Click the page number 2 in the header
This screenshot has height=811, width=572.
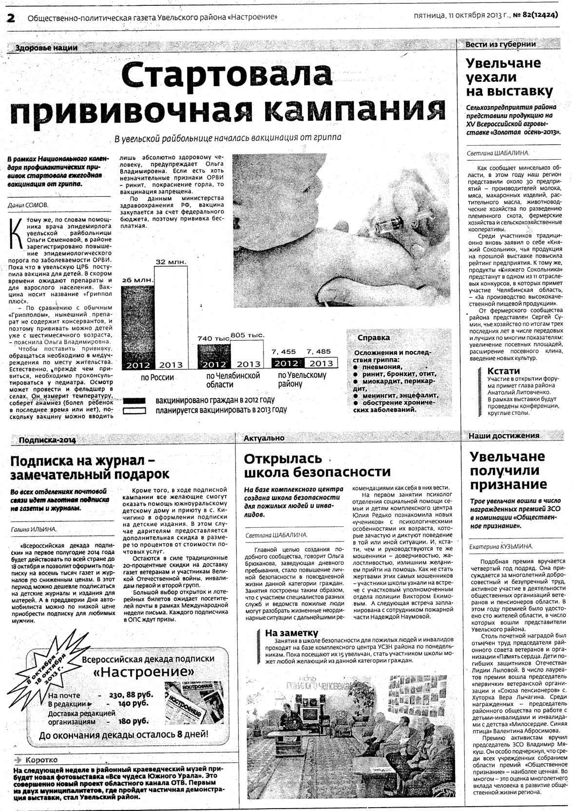tap(11, 18)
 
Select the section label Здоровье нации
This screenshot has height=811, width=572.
tap(46, 48)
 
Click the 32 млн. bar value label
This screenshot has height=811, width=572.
tap(171, 262)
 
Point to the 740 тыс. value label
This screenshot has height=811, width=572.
tap(213, 338)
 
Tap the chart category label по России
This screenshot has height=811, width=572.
tap(157, 377)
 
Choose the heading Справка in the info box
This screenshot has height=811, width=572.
tap(374, 338)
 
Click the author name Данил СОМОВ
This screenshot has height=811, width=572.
tap(28, 205)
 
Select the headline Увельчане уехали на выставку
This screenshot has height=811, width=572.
tap(510, 77)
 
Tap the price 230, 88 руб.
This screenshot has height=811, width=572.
tap(131, 695)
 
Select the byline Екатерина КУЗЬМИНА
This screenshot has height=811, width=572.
tap(501, 546)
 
